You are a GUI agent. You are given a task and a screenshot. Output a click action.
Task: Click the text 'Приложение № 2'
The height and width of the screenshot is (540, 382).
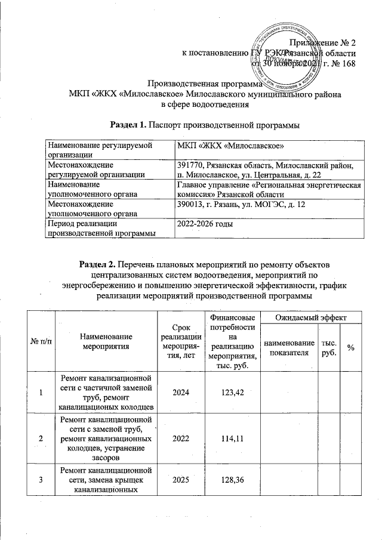click(322, 42)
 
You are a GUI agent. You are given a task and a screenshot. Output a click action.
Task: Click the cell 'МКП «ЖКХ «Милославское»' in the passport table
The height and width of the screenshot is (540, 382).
click(230, 146)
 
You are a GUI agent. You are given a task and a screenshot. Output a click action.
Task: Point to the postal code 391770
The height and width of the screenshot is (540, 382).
click(190, 164)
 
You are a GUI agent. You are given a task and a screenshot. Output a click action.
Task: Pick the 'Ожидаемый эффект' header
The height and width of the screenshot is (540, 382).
click(309, 319)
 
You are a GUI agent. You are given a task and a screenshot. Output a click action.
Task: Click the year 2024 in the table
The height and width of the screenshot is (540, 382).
click(181, 392)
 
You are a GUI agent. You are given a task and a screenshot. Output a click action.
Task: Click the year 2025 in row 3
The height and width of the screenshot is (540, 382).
click(181, 479)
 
